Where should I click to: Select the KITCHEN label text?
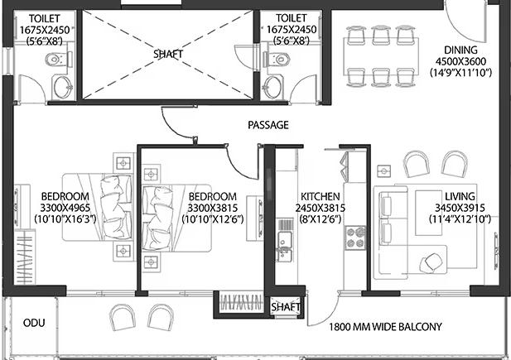318,196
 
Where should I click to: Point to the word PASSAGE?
268,126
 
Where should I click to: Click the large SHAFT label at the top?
168,55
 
